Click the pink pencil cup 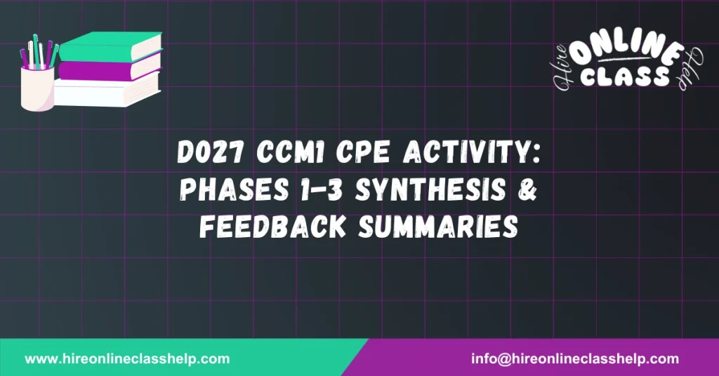[x=37, y=88]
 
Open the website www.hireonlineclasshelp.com [x=127, y=359]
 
